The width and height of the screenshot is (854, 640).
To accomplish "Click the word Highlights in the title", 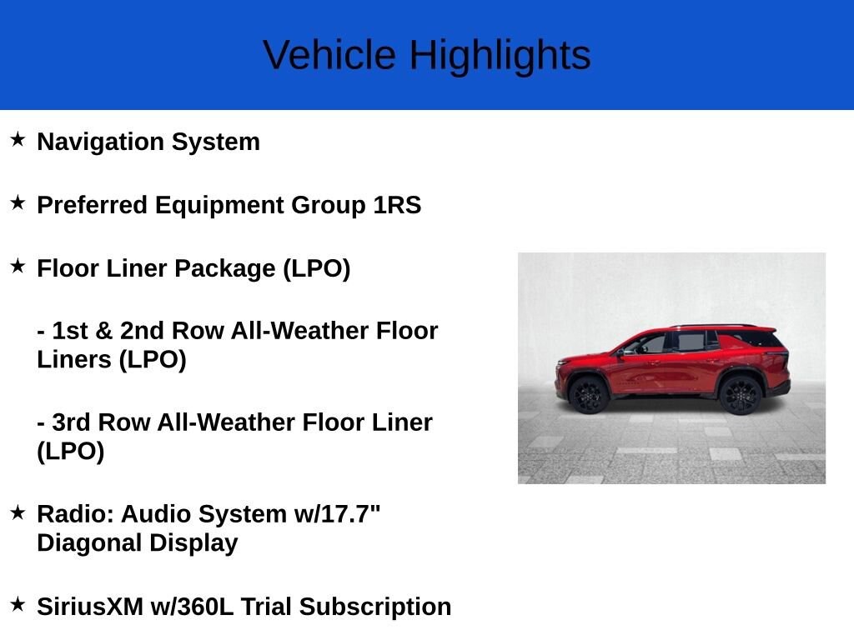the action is (x=500, y=56).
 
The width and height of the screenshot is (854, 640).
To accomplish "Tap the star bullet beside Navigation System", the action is (x=18, y=139).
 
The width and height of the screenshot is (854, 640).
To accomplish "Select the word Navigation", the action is (x=101, y=142).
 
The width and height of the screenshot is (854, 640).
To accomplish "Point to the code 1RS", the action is (x=397, y=205).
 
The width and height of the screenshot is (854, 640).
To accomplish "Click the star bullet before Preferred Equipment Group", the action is (x=18, y=203).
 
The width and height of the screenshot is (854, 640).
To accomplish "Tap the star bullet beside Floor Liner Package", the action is (x=18, y=266).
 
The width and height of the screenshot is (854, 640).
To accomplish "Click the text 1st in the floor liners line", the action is (x=70, y=331).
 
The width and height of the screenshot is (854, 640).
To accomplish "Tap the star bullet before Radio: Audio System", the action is (x=18, y=512).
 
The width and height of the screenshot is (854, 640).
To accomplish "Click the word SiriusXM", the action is (x=90, y=607).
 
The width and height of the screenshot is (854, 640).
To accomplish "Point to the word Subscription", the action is (x=375, y=607).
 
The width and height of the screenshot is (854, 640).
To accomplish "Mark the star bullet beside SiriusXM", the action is (x=18, y=604).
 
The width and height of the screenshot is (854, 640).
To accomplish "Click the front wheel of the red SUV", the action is (x=589, y=394).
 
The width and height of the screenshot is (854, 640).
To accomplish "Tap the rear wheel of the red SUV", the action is (x=741, y=395).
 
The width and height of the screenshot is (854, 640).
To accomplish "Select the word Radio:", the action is (x=75, y=514).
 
